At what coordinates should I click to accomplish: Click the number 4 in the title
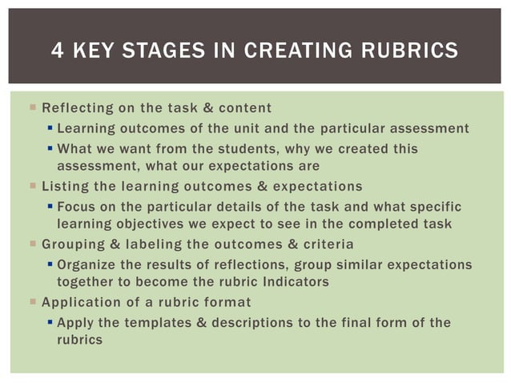coord(57,51)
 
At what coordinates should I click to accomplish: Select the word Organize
coord(90,264)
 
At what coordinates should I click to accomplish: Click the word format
coord(227,302)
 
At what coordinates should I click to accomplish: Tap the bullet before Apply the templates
coord(49,322)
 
